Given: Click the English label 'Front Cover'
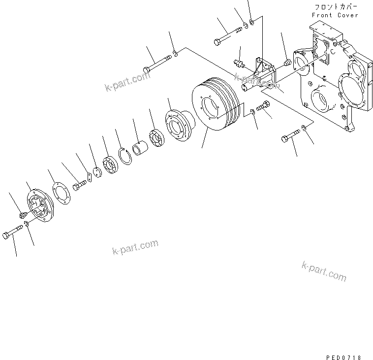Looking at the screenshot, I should pyautogui.click(x=335, y=15).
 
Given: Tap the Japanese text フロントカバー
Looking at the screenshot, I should pyautogui.click(x=335, y=7).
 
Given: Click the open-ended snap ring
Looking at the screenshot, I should pyautogui.click(x=126, y=157).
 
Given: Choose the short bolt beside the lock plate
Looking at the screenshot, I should pyautogui.click(x=79, y=186).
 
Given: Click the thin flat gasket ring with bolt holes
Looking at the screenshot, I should pyautogui.click(x=61, y=194).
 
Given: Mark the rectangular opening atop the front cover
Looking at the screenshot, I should pyautogui.click(x=323, y=45).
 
